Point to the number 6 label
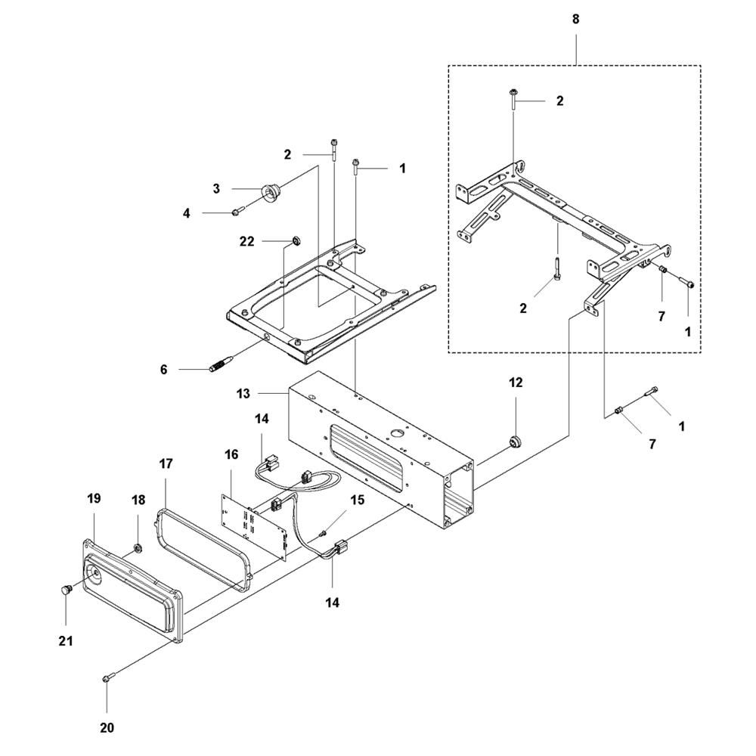click(x=164, y=370)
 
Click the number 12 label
click(x=516, y=383)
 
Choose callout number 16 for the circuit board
click(x=231, y=454)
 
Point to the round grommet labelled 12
click(x=516, y=441)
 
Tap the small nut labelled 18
click(x=138, y=547)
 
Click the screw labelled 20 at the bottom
click(x=107, y=679)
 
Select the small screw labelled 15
click(x=323, y=534)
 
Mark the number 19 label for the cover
click(x=94, y=499)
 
